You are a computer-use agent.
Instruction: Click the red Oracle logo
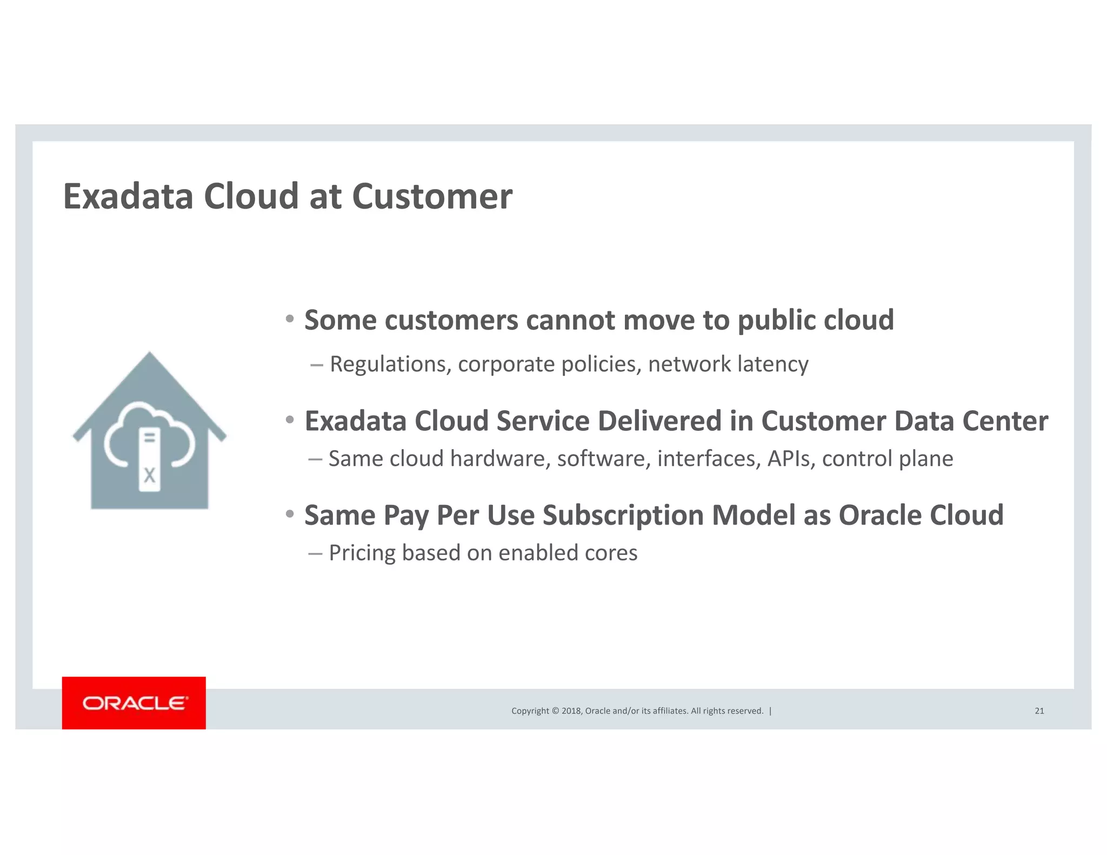coord(134,703)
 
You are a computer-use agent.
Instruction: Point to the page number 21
coord(1039,711)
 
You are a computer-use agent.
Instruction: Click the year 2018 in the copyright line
coord(572,711)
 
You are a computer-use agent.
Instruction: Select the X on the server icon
coord(150,476)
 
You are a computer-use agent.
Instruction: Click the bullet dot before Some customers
coord(290,319)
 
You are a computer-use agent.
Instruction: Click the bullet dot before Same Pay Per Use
coord(290,514)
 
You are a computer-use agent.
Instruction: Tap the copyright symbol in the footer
coord(556,711)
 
